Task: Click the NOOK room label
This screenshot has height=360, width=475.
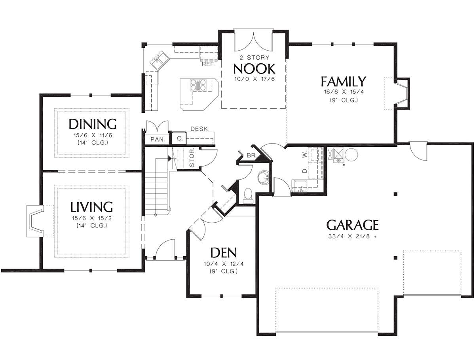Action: pos(254,69)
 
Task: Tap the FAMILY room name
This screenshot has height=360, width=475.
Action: pos(344,81)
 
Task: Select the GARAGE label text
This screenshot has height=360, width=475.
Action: pos(353,225)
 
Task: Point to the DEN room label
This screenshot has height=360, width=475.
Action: pos(224,252)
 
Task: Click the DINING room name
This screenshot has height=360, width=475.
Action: pos(93,124)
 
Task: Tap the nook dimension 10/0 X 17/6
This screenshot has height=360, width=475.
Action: pos(255,79)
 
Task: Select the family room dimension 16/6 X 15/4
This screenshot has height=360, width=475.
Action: pos(344,92)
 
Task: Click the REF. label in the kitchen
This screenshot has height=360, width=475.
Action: pos(209,64)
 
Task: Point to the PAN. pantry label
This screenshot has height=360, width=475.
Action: pos(158,139)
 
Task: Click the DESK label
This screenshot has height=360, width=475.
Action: pos(199,129)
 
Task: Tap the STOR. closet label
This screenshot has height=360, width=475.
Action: pos(192,158)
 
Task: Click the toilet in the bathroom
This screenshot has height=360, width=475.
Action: pos(248,196)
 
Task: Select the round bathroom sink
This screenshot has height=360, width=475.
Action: pos(264,178)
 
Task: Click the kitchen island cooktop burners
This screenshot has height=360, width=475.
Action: pos(198,85)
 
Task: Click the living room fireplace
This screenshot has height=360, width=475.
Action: pos(35,221)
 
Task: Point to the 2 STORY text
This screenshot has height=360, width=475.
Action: pos(255,57)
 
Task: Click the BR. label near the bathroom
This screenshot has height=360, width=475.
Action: pos(252,155)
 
